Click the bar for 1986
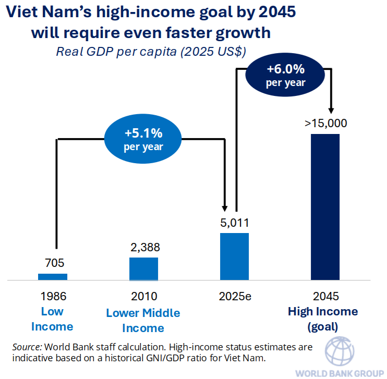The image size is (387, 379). point(53,277)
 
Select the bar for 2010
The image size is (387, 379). point(143,268)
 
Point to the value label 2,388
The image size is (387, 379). point(144,247)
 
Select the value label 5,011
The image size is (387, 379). point(234,223)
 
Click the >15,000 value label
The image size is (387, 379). point(325,124)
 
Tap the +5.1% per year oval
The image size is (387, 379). point(143,139)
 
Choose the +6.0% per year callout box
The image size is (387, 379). point(285,76)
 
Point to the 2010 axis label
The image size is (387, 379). point(143,297)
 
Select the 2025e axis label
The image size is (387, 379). point(234,297)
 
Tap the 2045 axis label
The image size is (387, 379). point(325,297)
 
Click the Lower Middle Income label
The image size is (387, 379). point(143,320)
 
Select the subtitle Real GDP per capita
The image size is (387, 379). point(151,52)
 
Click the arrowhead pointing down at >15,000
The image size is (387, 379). point(331,109)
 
